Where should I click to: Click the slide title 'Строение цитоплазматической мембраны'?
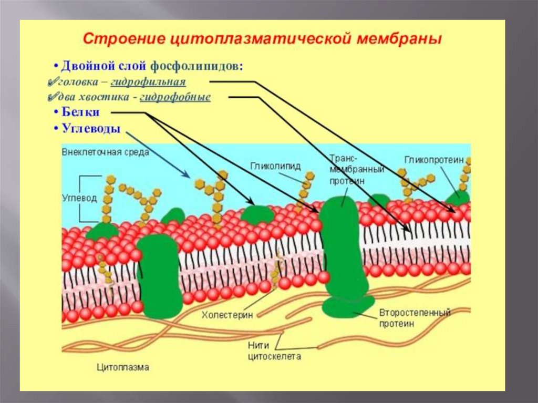(263, 40)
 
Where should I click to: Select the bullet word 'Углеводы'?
(91, 128)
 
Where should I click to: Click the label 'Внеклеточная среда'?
(105, 152)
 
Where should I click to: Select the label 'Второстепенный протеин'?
(415, 318)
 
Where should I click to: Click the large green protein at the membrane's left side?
(159, 275)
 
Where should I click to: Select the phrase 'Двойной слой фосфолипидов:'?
(152, 67)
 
